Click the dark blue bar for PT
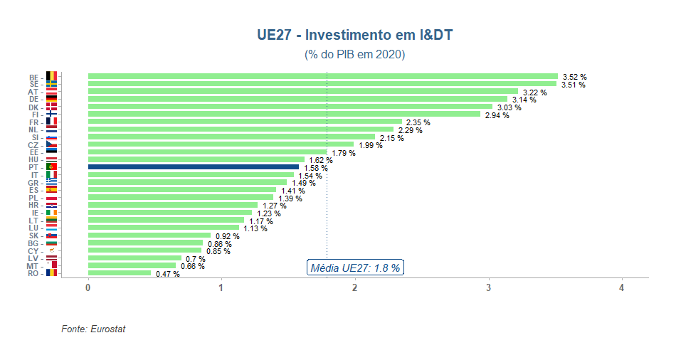[x=193, y=167]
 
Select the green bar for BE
[x=322, y=76]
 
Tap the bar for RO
[x=120, y=272]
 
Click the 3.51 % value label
[x=573, y=85]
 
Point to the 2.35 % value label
[x=418, y=123]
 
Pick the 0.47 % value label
[x=167, y=275]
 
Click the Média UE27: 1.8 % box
[x=355, y=268]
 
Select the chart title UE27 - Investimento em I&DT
[x=354, y=35]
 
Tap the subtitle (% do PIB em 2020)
[x=354, y=55]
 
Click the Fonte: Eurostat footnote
[x=93, y=329]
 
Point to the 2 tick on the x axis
[x=354, y=287]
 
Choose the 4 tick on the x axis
[x=621, y=287]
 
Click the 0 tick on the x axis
[x=88, y=287]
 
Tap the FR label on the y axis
[x=34, y=122]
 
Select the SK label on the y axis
[x=34, y=235]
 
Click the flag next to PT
[x=51, y=167]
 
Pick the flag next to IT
[x=51, y=175]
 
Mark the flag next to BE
[x=51, y=77]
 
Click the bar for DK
[x=290, y=107]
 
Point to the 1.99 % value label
[x=370, y=146]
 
